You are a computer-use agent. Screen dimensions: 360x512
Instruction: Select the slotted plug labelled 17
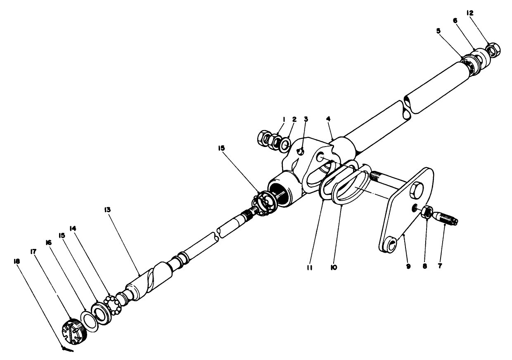tap(75, 331)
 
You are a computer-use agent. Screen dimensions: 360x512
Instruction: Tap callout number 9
tap(408, 266)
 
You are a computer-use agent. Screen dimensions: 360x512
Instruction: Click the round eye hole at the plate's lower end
tap(389, 244)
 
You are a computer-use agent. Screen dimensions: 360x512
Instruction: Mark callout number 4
tap(328, 118)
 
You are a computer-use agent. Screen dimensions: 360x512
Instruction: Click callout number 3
tap(306, 119)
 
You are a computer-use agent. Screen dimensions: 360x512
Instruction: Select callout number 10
tap(334, 267)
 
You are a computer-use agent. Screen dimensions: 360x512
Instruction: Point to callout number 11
tap(309, 268)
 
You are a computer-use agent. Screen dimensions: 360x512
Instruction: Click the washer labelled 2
tap(284, 144)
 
